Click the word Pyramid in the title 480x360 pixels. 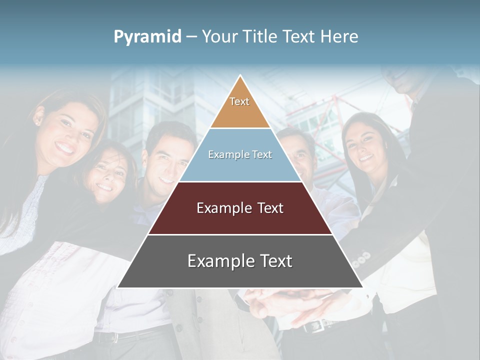pos(147,37)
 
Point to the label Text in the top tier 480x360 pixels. pos(239,101)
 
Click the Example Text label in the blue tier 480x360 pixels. pos(240,154)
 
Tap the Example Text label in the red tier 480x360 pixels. pos(240,208)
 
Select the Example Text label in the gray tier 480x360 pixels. pos(240,261)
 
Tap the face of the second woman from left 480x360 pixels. pos(107,175)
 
